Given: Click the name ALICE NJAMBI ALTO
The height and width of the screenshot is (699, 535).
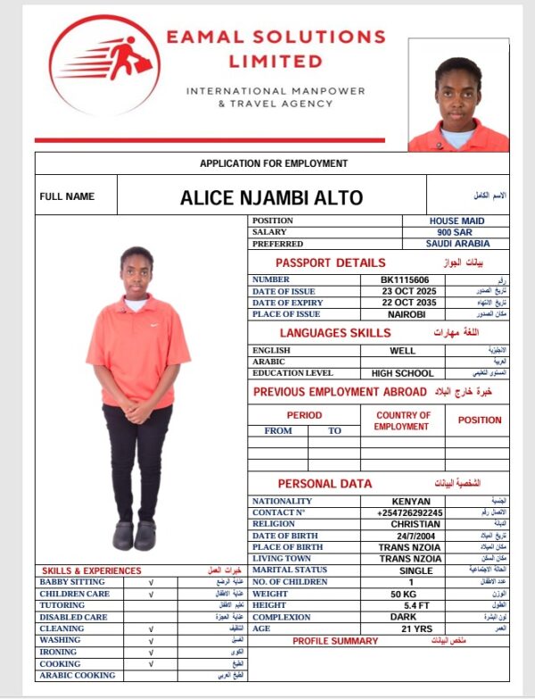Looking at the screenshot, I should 271,197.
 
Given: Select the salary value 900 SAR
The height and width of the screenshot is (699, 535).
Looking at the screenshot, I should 455,232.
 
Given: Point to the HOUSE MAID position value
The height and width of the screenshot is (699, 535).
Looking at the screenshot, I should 457,221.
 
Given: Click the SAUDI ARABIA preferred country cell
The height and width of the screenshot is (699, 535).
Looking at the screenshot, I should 457,244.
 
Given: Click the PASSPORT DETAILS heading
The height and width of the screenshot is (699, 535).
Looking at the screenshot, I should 330,262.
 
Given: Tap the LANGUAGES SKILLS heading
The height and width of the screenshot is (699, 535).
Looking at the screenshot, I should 335,333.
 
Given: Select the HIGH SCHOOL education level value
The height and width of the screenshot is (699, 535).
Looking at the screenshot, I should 403,373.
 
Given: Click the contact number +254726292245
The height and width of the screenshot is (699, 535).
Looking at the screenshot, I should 410,512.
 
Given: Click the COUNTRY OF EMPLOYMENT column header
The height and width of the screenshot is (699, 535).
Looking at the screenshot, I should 402,420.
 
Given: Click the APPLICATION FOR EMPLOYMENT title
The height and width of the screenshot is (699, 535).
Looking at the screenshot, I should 274,163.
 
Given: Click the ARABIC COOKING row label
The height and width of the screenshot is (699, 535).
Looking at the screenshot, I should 77,675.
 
